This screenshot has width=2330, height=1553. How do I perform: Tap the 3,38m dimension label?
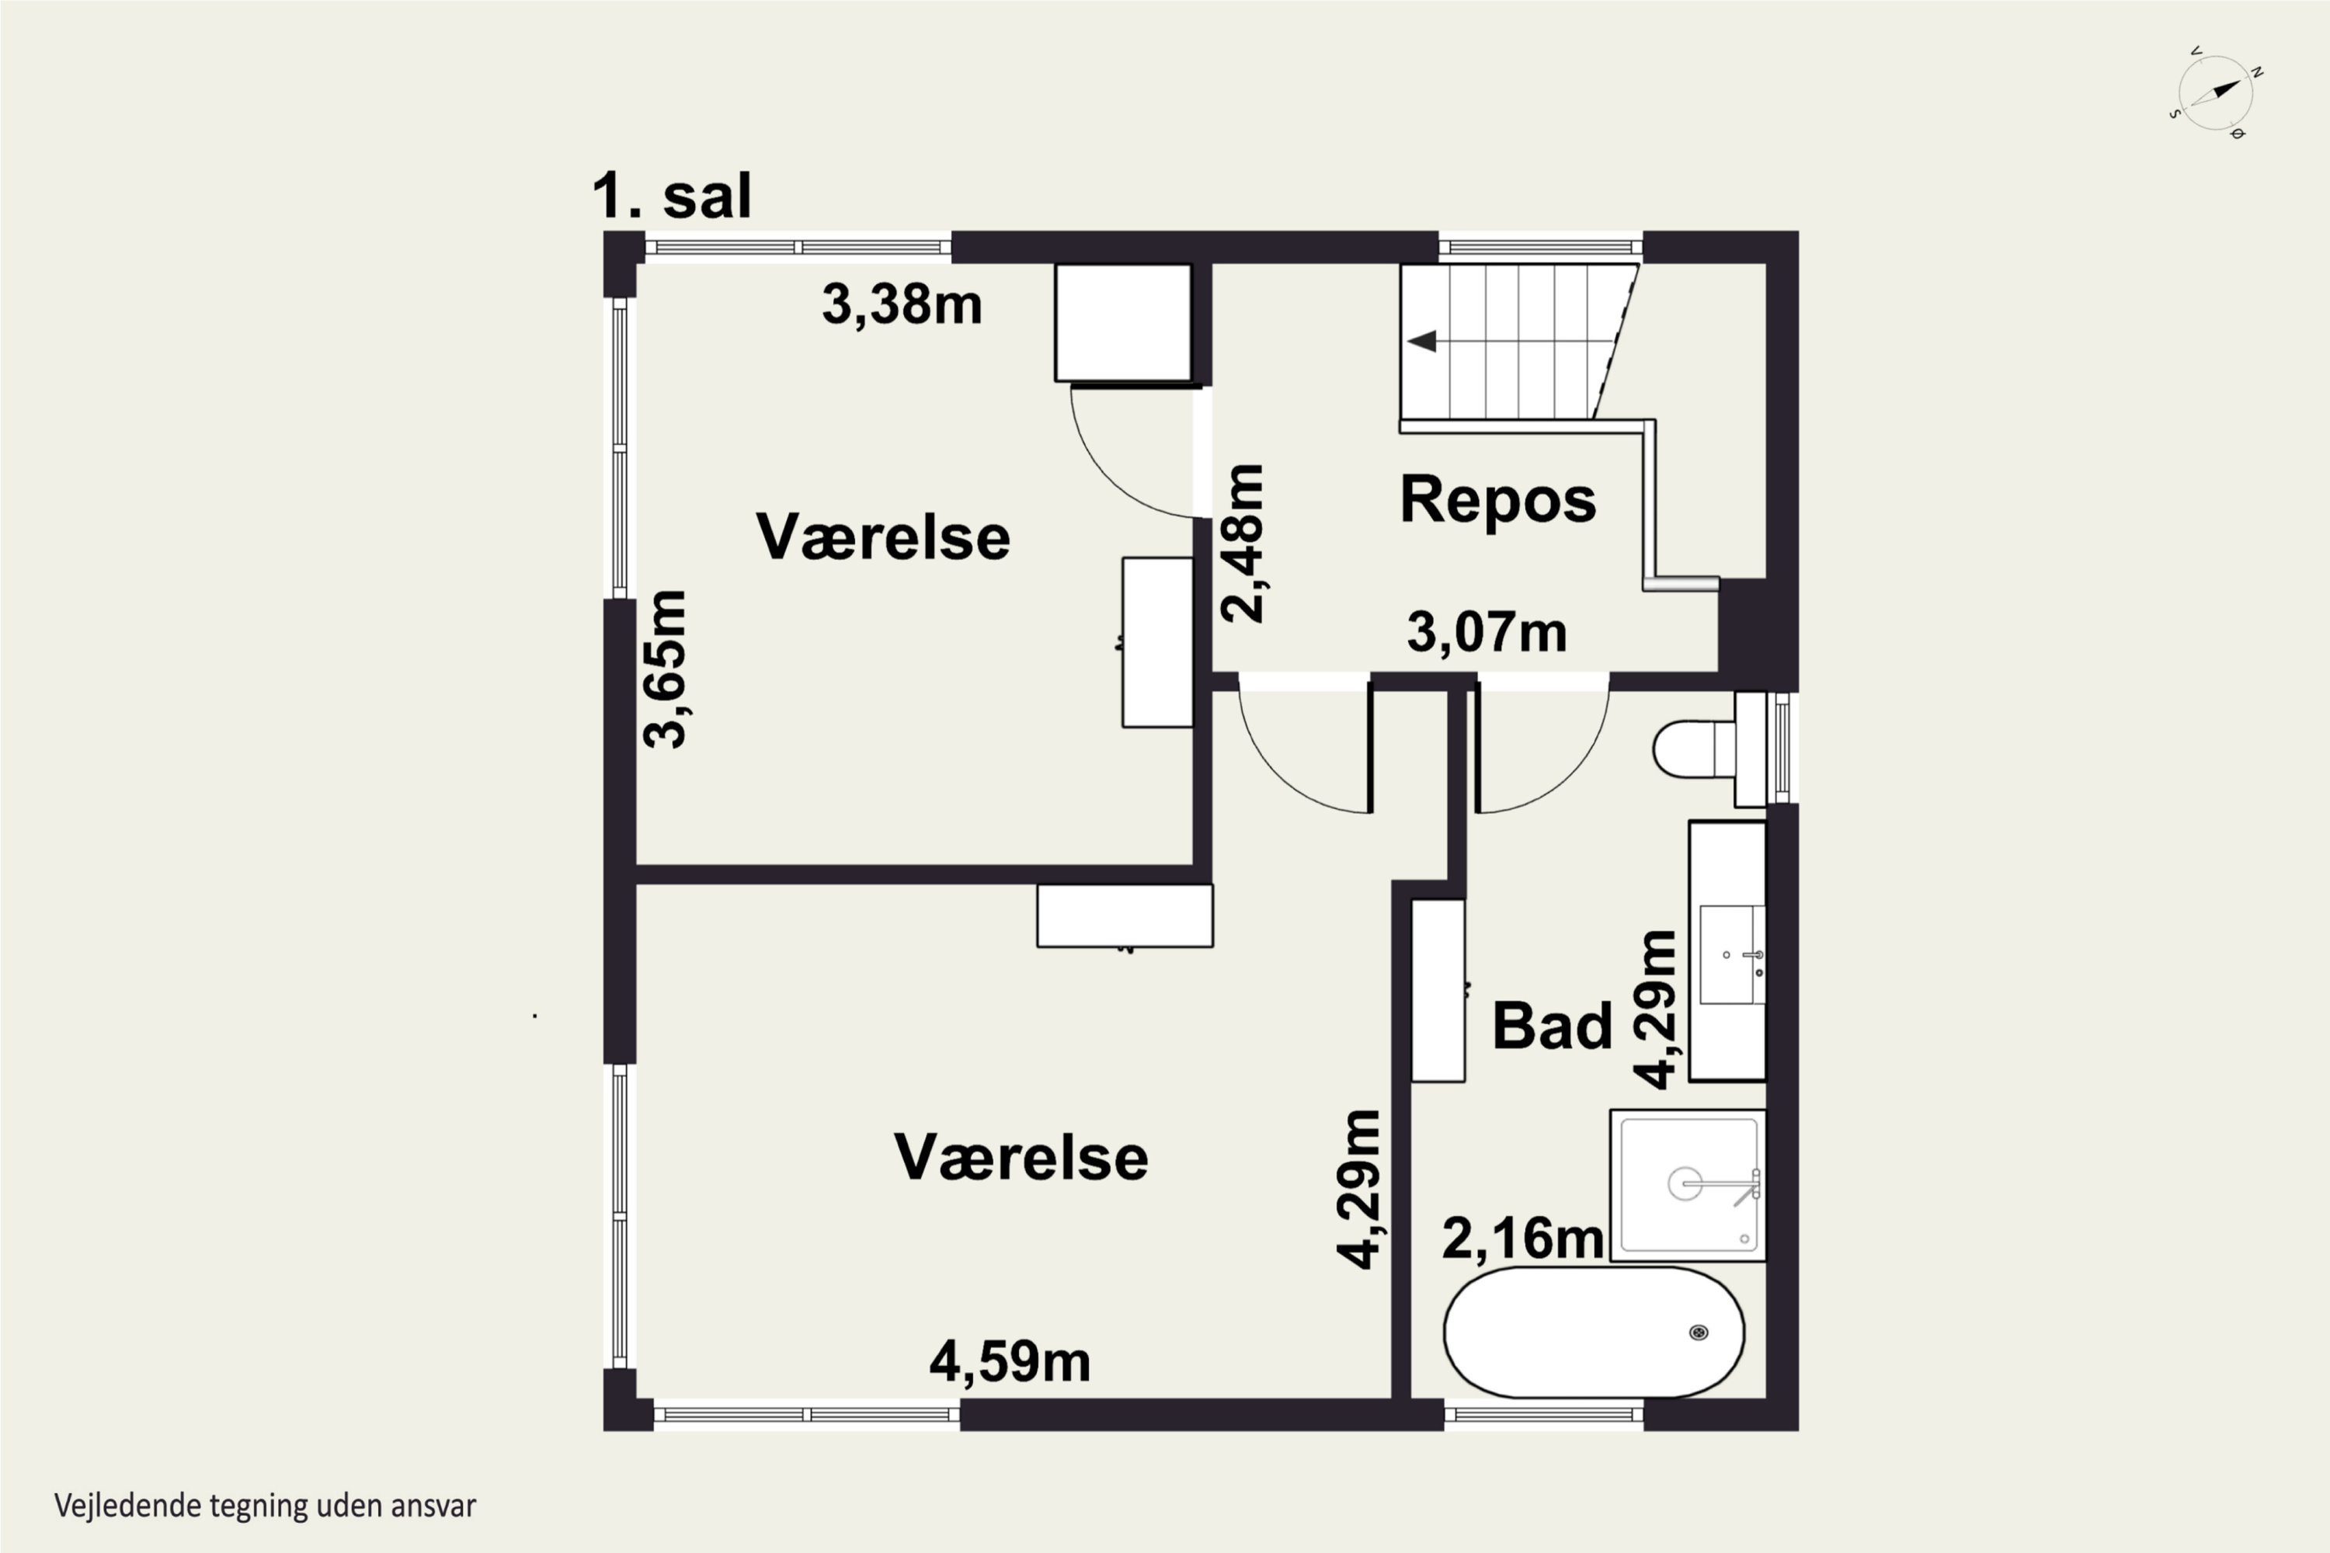pos(902,304)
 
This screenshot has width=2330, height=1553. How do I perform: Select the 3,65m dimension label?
pos(665,669)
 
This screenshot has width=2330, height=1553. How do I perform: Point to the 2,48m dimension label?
pos(1241,543)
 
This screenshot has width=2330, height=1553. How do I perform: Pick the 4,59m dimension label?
pos(1010,1362)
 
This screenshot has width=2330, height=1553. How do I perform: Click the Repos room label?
pos(1498,499)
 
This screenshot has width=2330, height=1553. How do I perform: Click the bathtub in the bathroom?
pos(1594,1332)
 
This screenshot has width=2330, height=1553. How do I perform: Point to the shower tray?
pos(1688,1186)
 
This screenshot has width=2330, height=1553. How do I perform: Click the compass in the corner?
pos(2216,92)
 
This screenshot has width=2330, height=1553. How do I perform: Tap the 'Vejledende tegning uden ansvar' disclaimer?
pos(266,1506)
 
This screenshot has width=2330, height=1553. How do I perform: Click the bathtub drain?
pos(1698,1332)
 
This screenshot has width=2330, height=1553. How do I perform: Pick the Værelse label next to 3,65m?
pos(882,537)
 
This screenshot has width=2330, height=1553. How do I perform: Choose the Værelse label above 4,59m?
pos(1021,1157)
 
